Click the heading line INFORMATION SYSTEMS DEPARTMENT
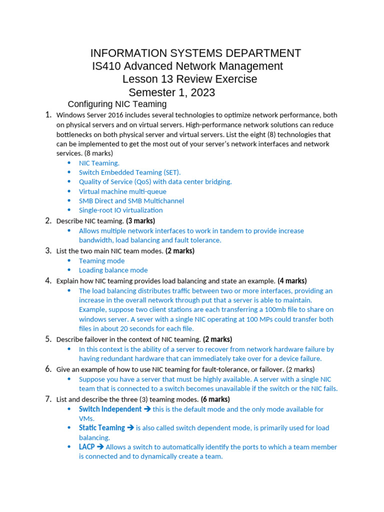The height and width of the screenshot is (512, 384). pyautogui.click(x=195, y=53)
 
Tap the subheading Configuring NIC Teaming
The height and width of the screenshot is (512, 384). pyautogui.click(x=117, y=104)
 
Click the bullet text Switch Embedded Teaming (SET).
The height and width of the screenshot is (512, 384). pyautogui.click(x=126, y=172)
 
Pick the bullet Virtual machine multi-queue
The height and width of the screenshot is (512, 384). pyautogui.click(x=122, y=191)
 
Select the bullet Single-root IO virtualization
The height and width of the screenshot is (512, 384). pyautogui.click(x=120, y=210)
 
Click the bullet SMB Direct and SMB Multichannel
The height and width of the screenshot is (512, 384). pyautogui.click(x=131, y=201)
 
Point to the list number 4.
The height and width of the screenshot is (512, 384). pyautogui.click(x=48, y=280)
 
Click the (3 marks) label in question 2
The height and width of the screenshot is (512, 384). pyautogui.click(x=140, y=221)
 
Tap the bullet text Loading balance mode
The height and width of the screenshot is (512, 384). pyautogui.click(x=113, y=270)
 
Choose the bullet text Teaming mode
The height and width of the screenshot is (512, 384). pyautogui.click(x=101, y=261)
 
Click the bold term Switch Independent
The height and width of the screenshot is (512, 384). pyautogui.click(x=110, y=409)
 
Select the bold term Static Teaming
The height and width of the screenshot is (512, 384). pyautogui.click(x=101, y=428)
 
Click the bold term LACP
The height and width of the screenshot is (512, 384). pyautogui.click(x=86, y=447)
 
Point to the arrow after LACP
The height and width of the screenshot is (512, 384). pyautogui.click(x=100, y=447)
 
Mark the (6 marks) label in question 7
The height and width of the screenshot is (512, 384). pyautogui.click(x=215, y=399)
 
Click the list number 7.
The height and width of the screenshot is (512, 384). pyautogui.click(x=48, y=399)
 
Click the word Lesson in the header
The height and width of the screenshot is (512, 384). pyautogui.click(x=139, y=79)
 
